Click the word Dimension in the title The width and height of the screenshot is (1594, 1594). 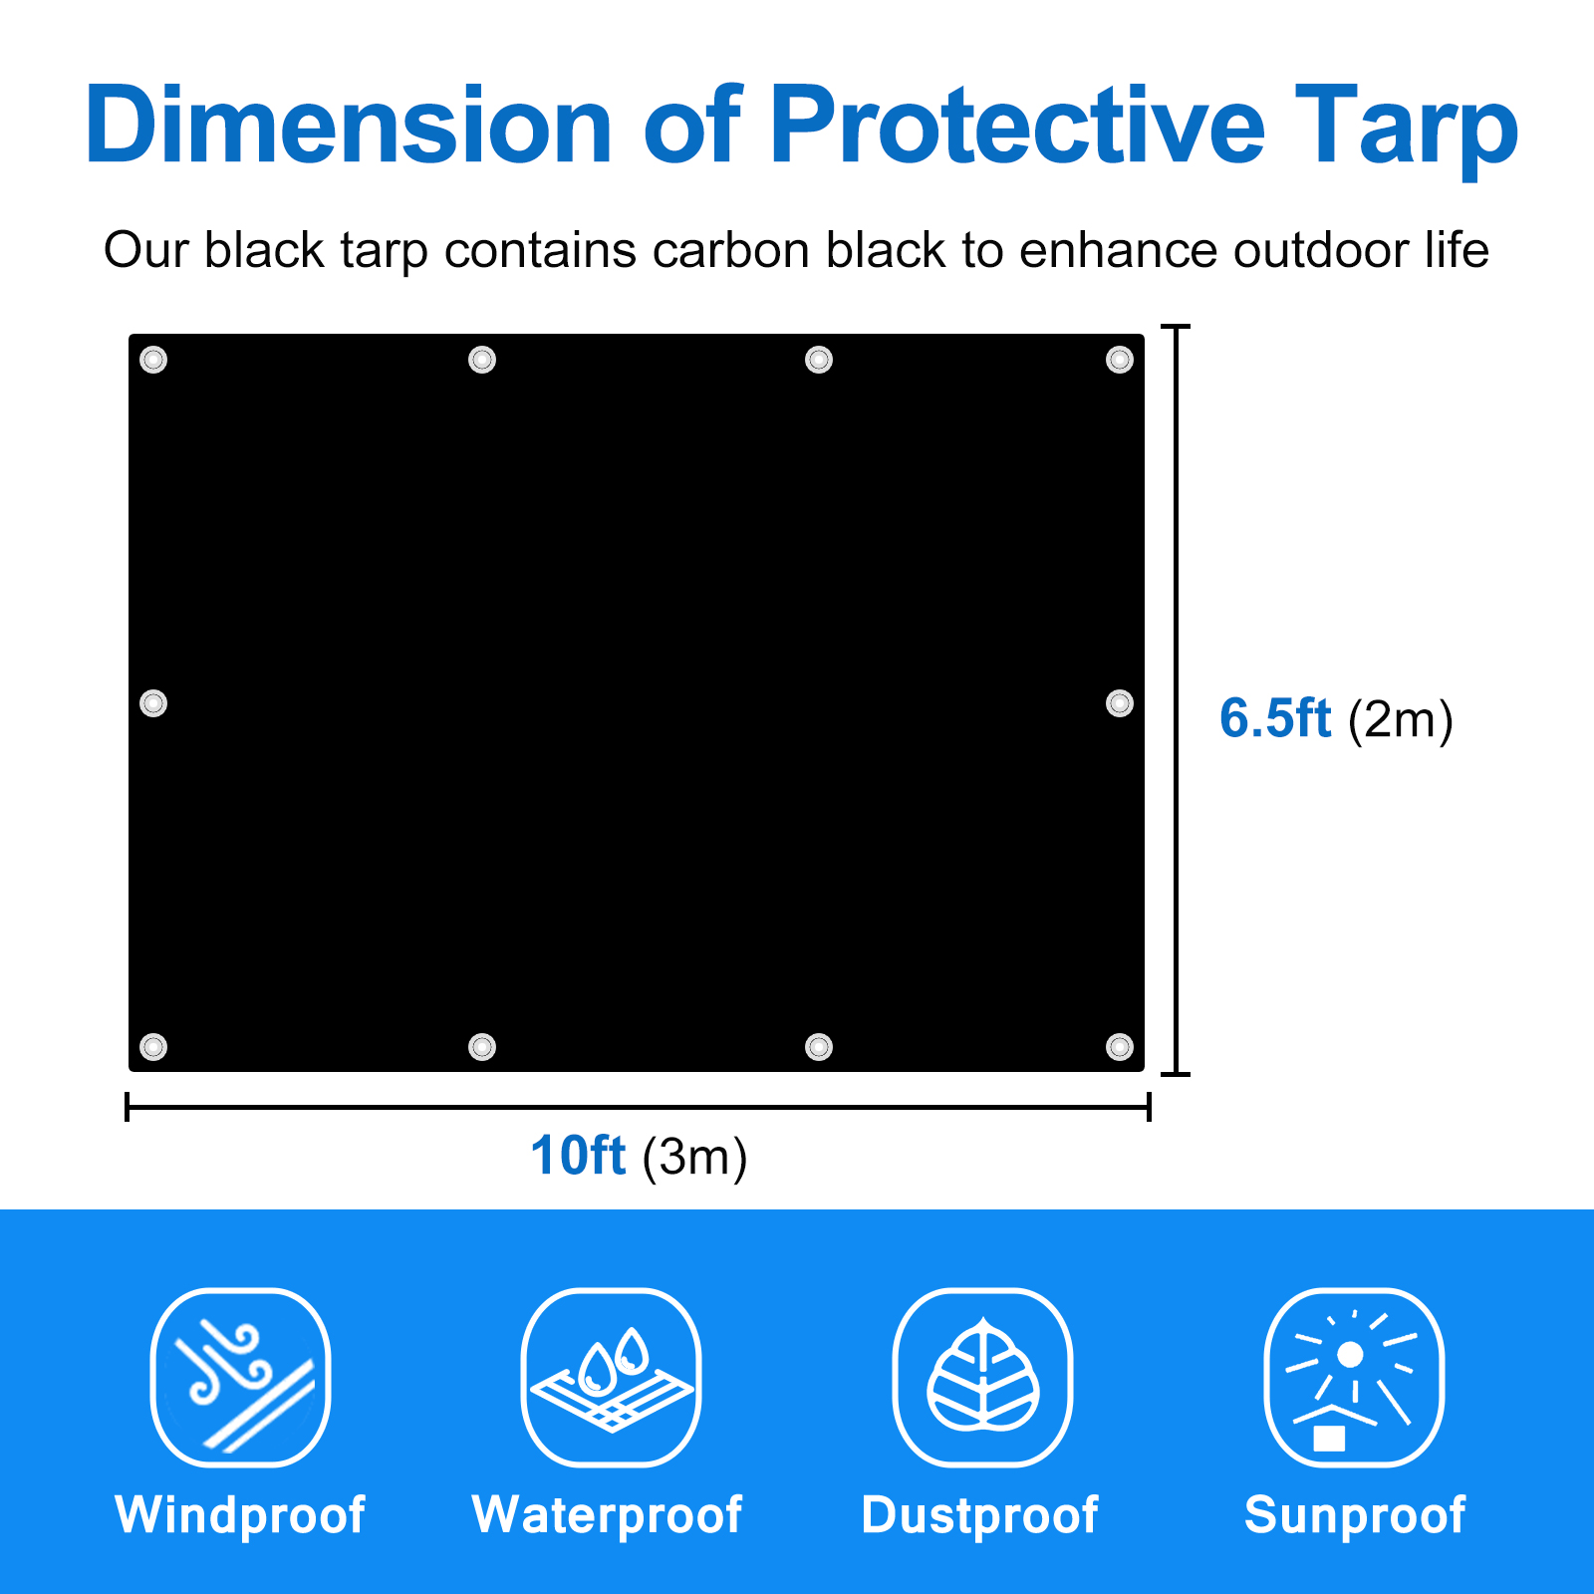pyautogui.click(x=348, y=126)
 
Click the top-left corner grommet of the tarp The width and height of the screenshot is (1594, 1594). pyautogui.click(x=153, y=360)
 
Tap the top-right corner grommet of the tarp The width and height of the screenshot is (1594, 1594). pyautogui.click(x=1120, y=360)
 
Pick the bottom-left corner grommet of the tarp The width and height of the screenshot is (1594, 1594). pyautogui.click(x=153, y=1047)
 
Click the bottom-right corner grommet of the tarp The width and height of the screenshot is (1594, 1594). pyautogui.click(x=1120, y=1047)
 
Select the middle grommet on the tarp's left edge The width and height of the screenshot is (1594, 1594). pyautogui.click(x=153, y=703)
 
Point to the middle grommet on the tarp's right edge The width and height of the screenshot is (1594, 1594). pyautogui.click(x=1120, y=703)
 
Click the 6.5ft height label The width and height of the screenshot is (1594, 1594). pyautogui.click(x=1275, y=718)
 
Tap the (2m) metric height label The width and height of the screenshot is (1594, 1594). pyautogui.click(x=1401, y=719)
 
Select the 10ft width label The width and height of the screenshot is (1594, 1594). pyautogui.click(x=578, y=1156)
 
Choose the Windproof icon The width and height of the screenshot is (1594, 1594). pyautogui.click(x=240, y=1378)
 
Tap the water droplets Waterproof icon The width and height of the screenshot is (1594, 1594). pyautogui.click(x=611, y=1378)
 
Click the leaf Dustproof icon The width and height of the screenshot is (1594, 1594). pyautogui.click(x=982, y=1378)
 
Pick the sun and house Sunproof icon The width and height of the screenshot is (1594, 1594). pyautogui.click(x=1353, y=1378)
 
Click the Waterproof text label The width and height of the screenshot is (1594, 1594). pyautogui.click(x=607, y=1515)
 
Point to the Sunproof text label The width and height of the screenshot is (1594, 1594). pyautogui.click(x=1354, y=1515)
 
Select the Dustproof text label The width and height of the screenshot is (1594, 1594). pyautogui.click(x=979, y=1515)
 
